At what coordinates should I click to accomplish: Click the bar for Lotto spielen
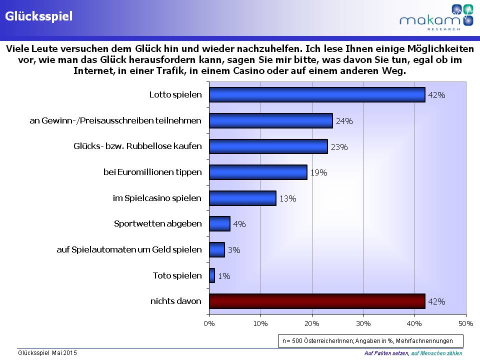click(317, 95)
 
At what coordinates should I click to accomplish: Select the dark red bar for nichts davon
click(317, 301)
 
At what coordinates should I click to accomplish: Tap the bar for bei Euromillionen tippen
click(258, 172)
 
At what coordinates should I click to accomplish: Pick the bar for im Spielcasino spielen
click(242, 198)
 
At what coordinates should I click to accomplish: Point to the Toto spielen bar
click(212, 275)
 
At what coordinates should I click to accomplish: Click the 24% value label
click(344, 121)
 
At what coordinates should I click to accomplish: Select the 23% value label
click(339, 147)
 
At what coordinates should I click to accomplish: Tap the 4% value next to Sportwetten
click(239, 224)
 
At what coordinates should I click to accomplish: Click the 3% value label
click(233, 250)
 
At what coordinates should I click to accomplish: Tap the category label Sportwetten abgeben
click(157, 223)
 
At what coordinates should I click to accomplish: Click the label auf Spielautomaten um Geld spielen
click(129, 249)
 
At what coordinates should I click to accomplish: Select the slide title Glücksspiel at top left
click(38, 16)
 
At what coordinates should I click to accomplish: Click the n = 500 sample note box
click(370, 341)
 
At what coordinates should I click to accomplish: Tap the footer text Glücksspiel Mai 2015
click(47, 353)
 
